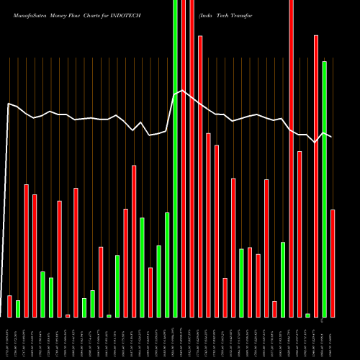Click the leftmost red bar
click(x=10, y=306)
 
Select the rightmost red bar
click(x=333, y=263)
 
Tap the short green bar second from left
click(x=18, y=308)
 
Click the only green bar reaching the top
click(x=176, y=158)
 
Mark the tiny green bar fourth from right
click(x=307, y=315)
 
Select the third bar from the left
click(x=27, y=251)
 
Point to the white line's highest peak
click(x=183, y=90)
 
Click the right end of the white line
click(x=332, y=136)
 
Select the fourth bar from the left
click(x=35, y=256)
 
